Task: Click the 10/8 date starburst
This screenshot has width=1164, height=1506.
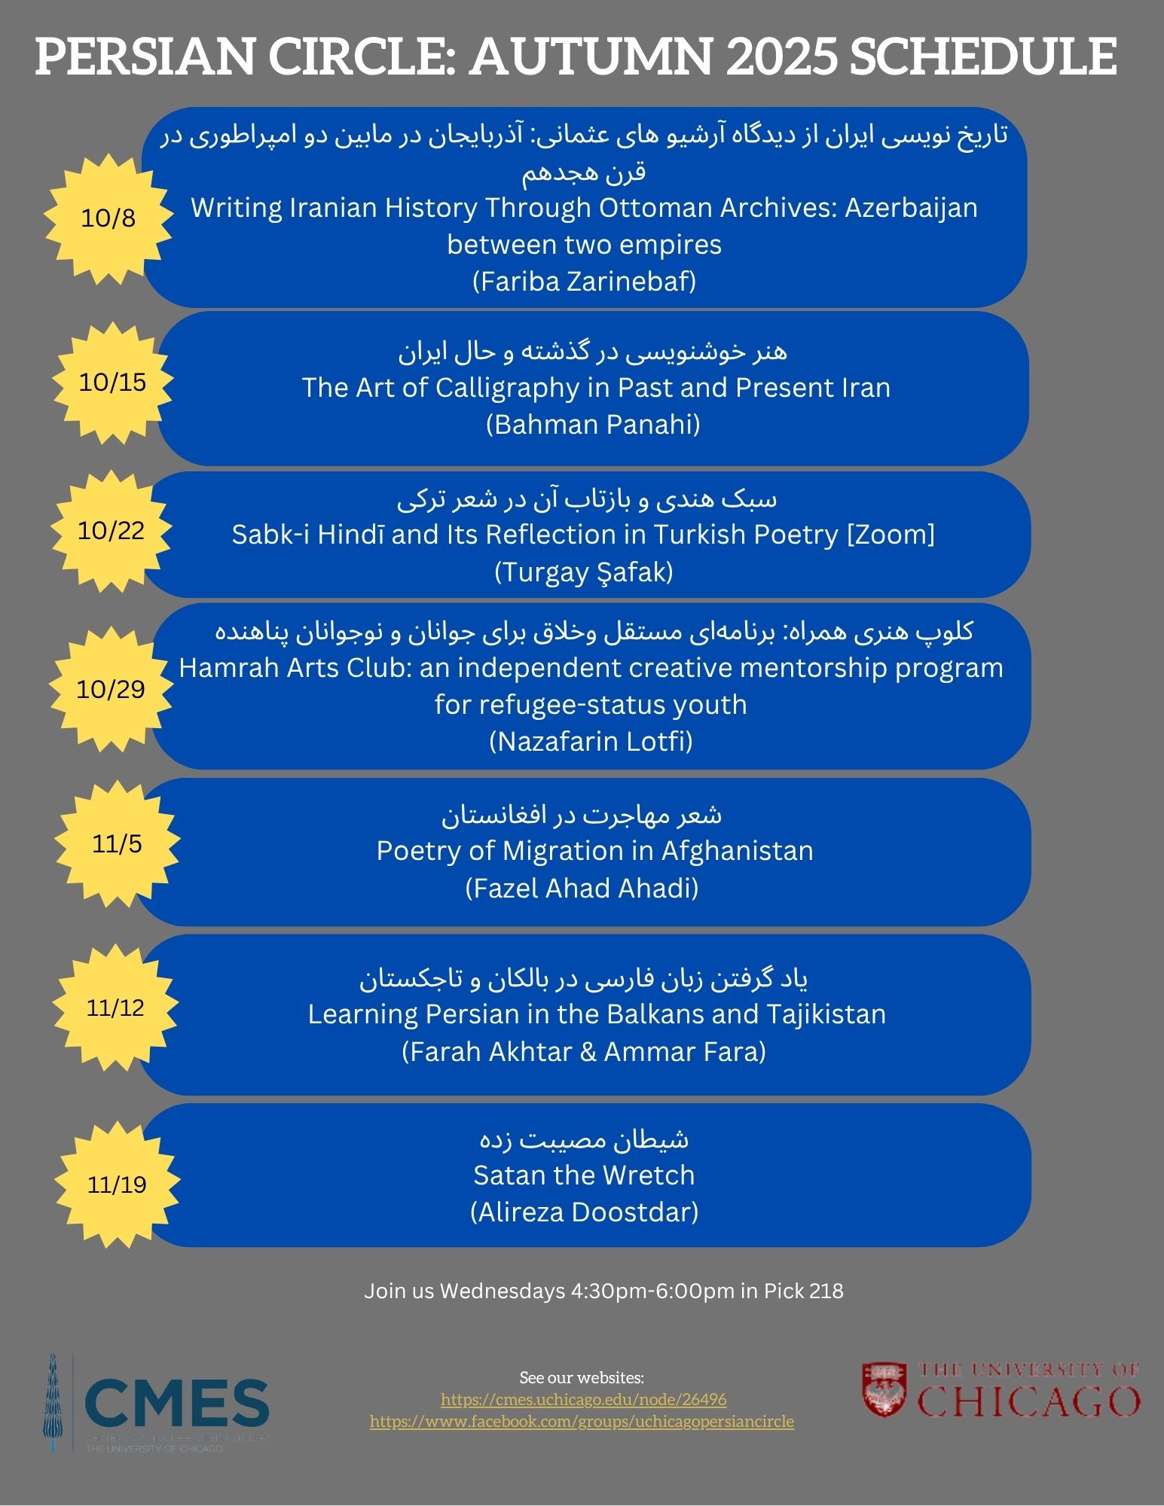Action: coord(108,218)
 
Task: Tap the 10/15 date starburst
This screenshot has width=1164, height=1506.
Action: coord(112,383)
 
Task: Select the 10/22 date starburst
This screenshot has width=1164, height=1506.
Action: coord(111,531)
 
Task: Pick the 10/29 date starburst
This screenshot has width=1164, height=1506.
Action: coord(111,689)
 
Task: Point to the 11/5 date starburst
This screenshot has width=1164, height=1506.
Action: coord(117,844)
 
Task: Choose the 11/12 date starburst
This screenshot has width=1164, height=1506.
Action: coord(115,1008)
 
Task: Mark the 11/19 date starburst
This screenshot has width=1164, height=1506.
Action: coord(117,1184)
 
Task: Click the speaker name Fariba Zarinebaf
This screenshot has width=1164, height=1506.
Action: coord(584,282)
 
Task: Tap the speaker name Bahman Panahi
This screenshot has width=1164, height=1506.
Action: coord(593,425)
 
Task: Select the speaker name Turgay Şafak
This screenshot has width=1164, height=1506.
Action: coord(584,572)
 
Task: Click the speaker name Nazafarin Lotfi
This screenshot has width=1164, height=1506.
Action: coord(591,742)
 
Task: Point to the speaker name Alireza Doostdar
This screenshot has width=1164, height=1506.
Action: coord(584,1212)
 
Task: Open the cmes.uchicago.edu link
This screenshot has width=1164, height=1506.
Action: coord(583,1400)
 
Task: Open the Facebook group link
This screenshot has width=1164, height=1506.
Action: coord(582,1422)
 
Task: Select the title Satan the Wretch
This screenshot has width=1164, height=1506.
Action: coord(584,1175)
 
